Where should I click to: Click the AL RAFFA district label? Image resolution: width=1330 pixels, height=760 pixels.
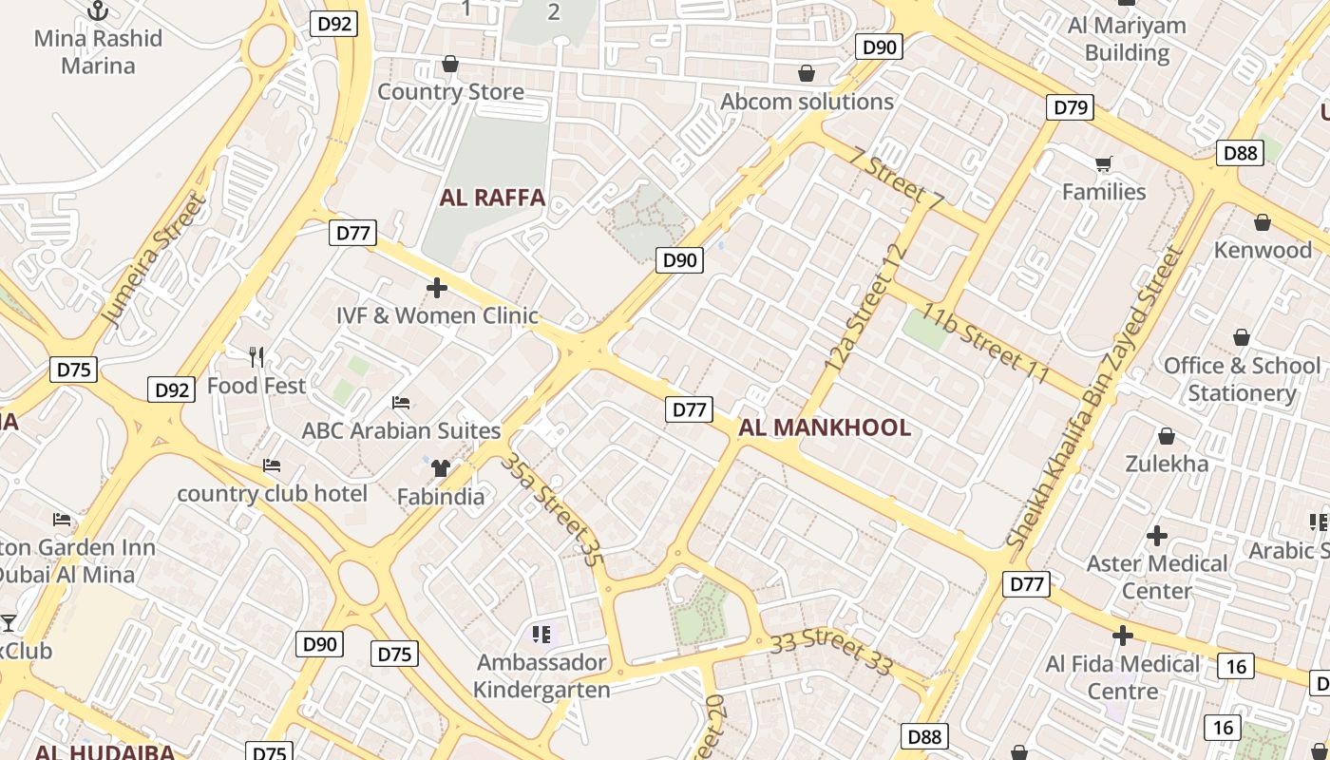[x=492, y=198]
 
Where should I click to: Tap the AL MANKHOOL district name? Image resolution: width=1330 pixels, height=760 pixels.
[x=825, y=427]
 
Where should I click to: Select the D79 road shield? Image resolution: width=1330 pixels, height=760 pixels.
[x=1071, y=107]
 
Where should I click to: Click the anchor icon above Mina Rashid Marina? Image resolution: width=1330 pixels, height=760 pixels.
[x=98, y=11]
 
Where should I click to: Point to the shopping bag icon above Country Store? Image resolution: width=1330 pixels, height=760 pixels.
[x=450, y=65]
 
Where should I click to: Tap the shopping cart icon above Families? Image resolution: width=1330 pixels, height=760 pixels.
[x=1103, y=165]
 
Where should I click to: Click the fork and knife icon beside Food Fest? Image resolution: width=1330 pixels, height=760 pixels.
[x=256, y=357]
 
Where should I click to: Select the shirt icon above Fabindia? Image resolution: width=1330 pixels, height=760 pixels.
[x=440, y=467]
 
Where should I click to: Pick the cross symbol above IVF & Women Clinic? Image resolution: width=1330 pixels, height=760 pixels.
[x=437, y=287]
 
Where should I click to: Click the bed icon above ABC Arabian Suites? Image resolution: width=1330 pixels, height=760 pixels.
[x=401, y=403]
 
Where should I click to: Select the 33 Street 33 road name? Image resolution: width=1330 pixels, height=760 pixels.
[x=831, y=652]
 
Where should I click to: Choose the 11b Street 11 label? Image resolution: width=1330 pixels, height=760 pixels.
[x=983, y=345]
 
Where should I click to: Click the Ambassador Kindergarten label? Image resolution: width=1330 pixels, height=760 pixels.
[x=541, y=675]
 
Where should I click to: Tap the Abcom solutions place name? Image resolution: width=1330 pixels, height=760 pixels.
[x=807, y=102]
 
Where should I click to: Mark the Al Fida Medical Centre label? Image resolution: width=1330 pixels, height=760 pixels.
[x=1123, y=676]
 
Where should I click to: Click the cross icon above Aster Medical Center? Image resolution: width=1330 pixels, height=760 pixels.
[x=1156, y=536]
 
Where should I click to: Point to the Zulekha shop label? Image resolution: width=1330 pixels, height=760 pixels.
[x=1167, y=464]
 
